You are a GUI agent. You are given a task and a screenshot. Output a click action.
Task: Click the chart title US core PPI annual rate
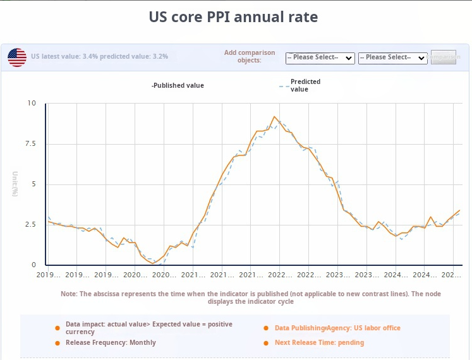coord(233,16)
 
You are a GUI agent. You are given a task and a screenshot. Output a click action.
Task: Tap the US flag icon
coord(17,57)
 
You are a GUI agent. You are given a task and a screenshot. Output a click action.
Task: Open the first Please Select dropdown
coord(320,57)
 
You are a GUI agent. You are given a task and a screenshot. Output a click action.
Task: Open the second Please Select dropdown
coord(392,57)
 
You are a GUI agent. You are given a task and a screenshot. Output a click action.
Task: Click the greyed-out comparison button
coord(443,57)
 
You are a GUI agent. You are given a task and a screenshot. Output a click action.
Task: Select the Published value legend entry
coord(178,85)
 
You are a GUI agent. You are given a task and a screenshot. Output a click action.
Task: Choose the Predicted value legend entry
coord(305,85)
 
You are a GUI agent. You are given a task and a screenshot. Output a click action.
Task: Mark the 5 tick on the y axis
coord(33,184)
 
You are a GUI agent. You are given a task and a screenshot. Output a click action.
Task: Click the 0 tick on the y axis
coord(33,265)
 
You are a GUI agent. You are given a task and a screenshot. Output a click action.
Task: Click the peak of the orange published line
coord(274,117)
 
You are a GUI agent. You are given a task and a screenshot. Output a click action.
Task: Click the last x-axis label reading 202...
coord(451,275)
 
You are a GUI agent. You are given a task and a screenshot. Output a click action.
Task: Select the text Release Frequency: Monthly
coord(111,343)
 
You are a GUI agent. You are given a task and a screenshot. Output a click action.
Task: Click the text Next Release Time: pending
coord(319,343)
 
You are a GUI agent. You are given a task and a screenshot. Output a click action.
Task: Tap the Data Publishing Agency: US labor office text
coord(337,328)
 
